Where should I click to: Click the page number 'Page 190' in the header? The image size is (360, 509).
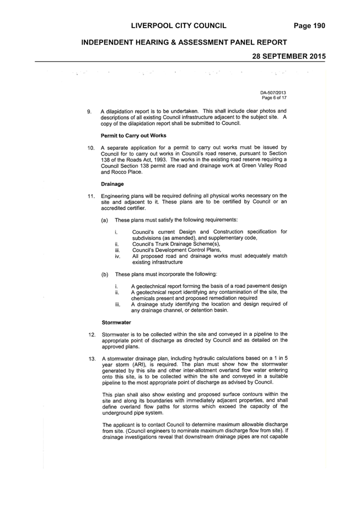pos(309,26)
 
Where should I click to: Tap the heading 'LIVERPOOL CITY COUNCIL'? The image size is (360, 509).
pos(179,26)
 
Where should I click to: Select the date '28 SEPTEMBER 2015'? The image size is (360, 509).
pos(289,56)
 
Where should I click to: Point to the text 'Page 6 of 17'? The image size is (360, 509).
pos(275,98)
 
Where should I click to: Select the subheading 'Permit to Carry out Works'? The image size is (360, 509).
pos(133,135)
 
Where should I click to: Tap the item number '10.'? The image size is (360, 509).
pos(91,148)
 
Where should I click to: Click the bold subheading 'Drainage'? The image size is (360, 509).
pos(112,184)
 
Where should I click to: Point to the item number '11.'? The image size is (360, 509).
pos(91,196)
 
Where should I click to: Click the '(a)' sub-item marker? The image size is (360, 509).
pos(105,220)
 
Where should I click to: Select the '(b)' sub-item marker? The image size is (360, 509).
pos(105,275)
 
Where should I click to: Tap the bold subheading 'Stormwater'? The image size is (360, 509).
pos(116,323)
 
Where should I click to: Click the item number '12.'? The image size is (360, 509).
pos(92,335)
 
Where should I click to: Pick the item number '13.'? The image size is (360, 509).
pos(92,359)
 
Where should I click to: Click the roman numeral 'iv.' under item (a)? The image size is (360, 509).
pos(117,256)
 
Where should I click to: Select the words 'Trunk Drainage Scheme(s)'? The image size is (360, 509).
pos(189,244)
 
